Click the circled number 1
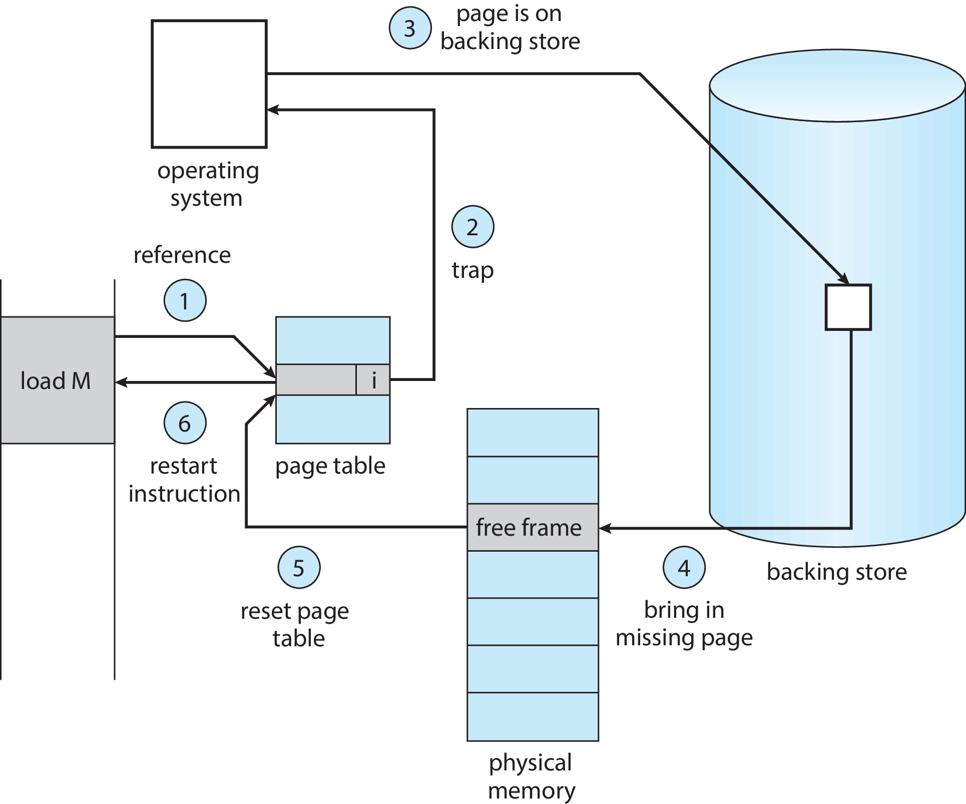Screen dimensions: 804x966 coord(185,300)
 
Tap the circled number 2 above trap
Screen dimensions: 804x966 coord(472,227)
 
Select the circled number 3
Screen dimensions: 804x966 coord(410,28)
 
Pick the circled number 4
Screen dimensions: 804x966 coord(684,567)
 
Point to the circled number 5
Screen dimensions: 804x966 coord(299,567)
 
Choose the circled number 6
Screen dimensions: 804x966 coord(185,423)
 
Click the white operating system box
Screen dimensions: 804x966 coord(209,84)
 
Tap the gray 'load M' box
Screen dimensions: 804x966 coord(56,380)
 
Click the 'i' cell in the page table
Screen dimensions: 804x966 coord(373,380)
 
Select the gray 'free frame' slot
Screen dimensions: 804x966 coord(533,528)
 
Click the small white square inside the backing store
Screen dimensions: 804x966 coord(848,307)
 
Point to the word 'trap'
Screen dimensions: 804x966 coord(472,271)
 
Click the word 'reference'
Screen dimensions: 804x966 coord(182,255)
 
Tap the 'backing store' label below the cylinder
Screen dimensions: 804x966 coord(836,572)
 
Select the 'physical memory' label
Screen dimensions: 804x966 coord(531,776)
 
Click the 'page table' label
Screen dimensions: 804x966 coord(330,466)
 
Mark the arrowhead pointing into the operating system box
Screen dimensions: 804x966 coord(272,110)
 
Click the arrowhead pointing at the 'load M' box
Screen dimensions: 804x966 coord(121,382)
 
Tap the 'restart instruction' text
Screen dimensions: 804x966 coord(184,480)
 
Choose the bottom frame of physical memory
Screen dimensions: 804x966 coord(533,716)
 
